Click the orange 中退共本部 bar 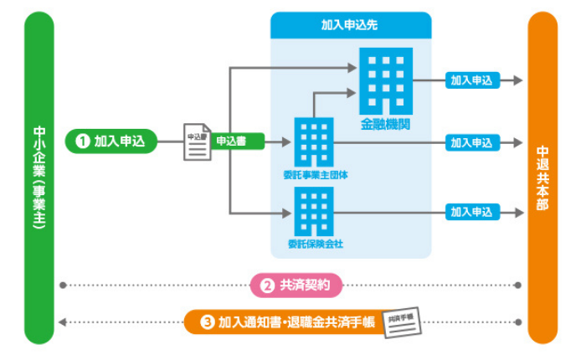click(542, 177)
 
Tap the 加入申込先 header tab click(350, 25)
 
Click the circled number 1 click(83, 141)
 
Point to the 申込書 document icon click(197, 142)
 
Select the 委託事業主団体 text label click(316, 176)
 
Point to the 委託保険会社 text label click(316, 244)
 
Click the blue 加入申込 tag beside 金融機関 click(471, 80)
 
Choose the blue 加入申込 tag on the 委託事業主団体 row click(471, 142)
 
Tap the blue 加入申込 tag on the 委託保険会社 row click(471, 213)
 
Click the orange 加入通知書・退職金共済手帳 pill click(281, 321)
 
